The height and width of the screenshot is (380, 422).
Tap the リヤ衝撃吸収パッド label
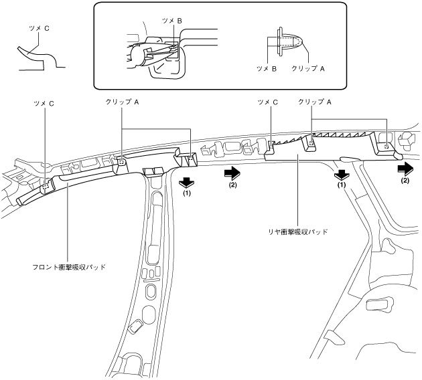(x=297, y=231)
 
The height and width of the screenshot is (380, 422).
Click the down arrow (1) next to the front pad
(x=187, y=180)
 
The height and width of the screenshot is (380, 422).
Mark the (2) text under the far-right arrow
(x=405, y=181)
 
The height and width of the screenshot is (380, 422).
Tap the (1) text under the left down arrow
(x=187, y=193)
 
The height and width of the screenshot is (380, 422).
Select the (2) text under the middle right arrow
(x=232, y=184)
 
